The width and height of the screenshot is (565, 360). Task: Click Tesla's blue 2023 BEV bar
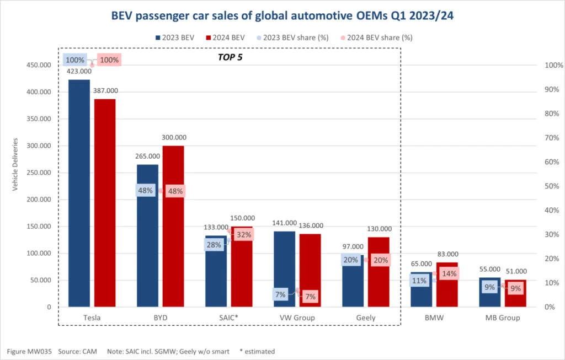coord(79,193)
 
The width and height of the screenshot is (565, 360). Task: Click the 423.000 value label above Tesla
coord(79,71)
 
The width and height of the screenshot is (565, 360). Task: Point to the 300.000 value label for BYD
coord(174,137)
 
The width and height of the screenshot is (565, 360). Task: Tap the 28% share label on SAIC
coord(214,244)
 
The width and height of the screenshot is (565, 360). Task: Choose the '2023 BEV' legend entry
coord(175,37)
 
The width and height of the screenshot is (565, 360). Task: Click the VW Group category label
coord(297,318)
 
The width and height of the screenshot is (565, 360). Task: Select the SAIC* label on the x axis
coord(228,318)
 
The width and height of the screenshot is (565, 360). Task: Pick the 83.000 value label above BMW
coord(447,254)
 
